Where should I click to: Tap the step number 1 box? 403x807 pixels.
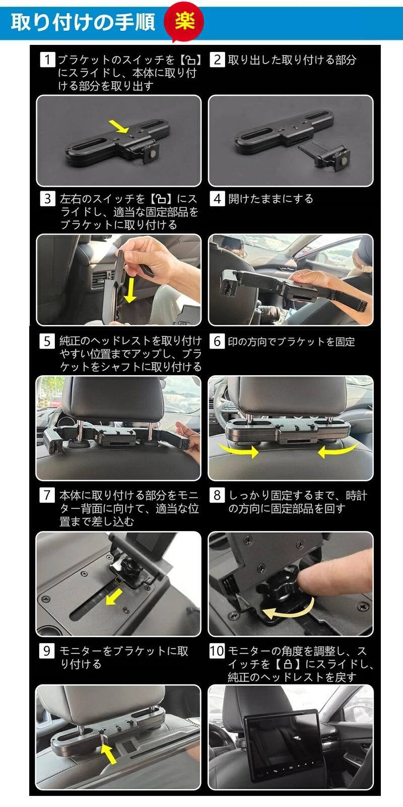pyautogui.click(x=47, y=60)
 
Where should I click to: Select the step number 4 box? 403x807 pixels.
pyautogui.click(x=217, y=199)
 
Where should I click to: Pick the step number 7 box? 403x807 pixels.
pyautogui.click(x=47, y=495)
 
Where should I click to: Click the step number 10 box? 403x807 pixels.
pyautogui.click(x=217, y=651)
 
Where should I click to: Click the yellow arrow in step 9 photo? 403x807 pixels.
pyautogui.click(x=109, y=754)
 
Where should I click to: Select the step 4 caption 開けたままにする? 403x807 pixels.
pyautogui.click(x=271, y=199)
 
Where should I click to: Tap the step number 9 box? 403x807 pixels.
pyautogui.click(x=47, y=651)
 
